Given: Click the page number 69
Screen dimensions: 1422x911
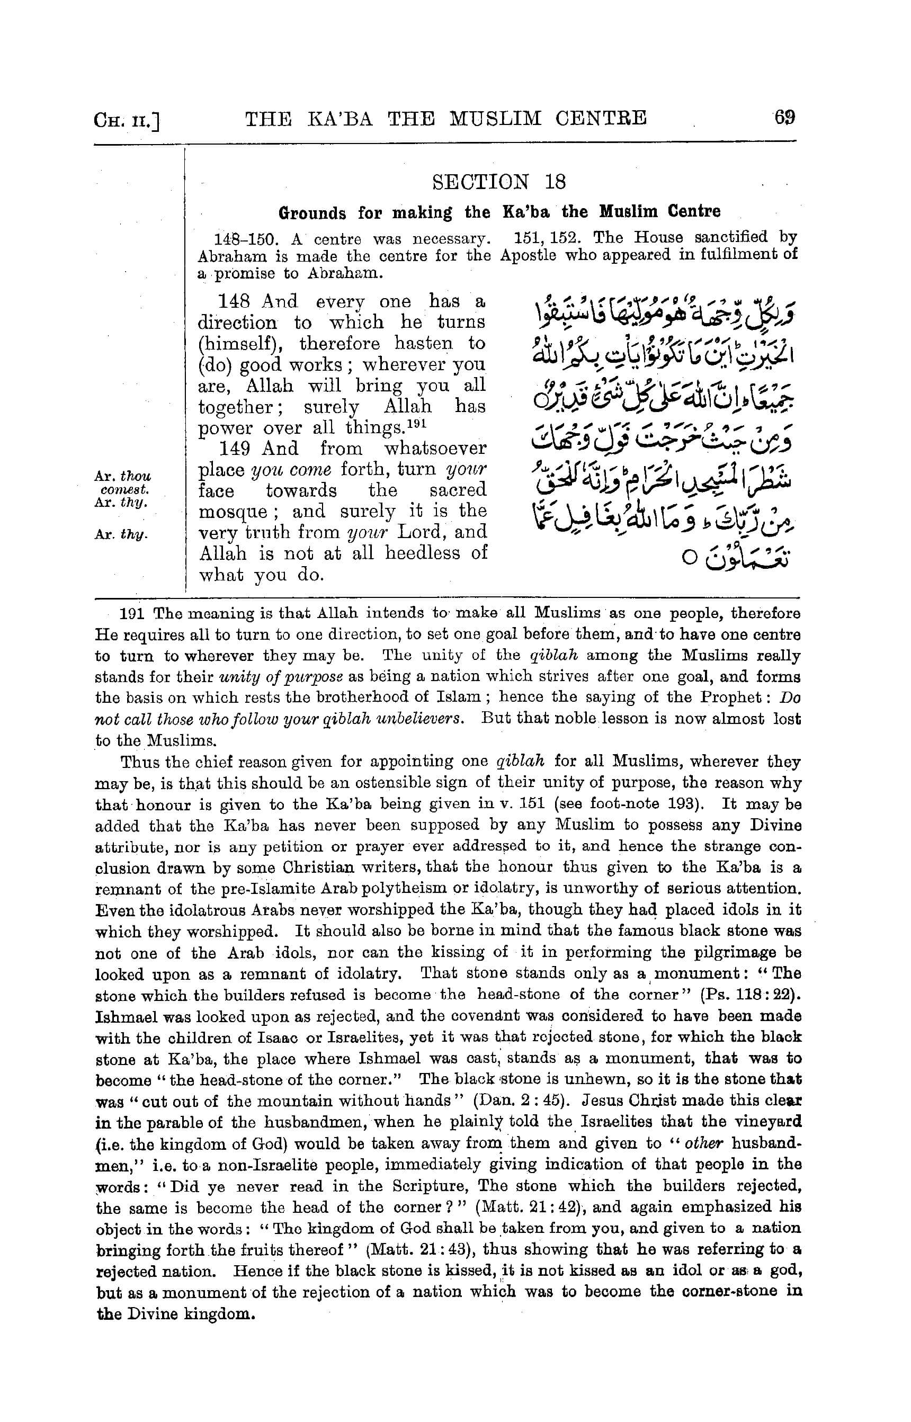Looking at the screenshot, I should click(784, 117).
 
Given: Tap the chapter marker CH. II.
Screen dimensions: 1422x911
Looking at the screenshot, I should click(127, 121).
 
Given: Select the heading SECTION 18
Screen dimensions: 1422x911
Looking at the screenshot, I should click(499, 182).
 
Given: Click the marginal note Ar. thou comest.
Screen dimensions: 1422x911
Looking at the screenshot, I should click(122, 483).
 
